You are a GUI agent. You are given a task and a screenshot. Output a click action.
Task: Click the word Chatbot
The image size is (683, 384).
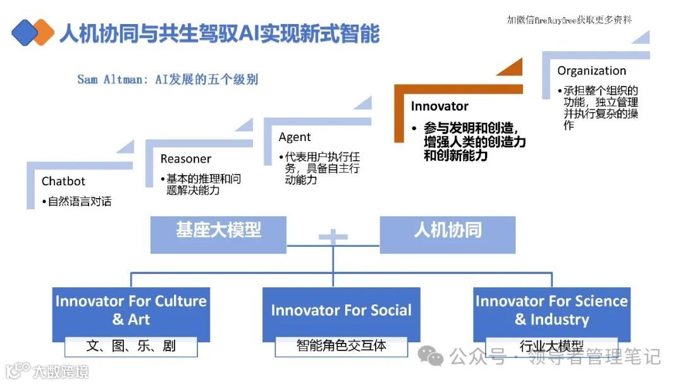[x=63, y=182]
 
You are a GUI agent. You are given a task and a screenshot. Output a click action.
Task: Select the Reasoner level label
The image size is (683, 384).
[x=185, y=159]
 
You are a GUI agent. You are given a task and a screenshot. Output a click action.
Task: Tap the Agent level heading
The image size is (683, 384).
[x=295, y=137]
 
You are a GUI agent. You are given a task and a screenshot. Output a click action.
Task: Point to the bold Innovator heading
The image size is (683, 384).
[x=440, y=106]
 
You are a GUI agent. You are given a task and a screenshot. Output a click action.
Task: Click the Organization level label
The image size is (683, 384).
[x=591, y=71]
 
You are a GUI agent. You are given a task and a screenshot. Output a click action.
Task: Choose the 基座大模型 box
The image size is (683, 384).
[x=218, y=231]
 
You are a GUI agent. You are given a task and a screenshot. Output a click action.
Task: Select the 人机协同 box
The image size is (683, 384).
[x=447, y=231]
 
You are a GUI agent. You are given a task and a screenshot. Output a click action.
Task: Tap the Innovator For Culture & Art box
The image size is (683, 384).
[x=131, y=310]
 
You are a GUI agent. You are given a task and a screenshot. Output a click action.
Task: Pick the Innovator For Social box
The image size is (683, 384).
[x=341, y=311]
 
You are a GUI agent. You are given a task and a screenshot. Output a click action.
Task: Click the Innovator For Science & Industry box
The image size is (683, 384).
[x=551, y=310]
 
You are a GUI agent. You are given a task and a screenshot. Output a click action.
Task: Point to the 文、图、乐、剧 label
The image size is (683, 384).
[x=131, y=346]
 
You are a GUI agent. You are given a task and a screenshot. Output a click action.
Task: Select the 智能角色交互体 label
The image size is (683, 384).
[x=341, y=346]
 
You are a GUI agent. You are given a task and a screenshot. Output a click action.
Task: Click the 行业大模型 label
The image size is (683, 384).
[x=551, y=346]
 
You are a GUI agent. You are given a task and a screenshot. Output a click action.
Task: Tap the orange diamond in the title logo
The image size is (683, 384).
[x=42, y=32]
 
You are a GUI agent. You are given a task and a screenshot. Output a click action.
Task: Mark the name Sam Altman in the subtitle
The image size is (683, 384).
[x=111, y=80]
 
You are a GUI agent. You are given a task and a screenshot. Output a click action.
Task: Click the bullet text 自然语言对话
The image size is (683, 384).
[x=80, y=202]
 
